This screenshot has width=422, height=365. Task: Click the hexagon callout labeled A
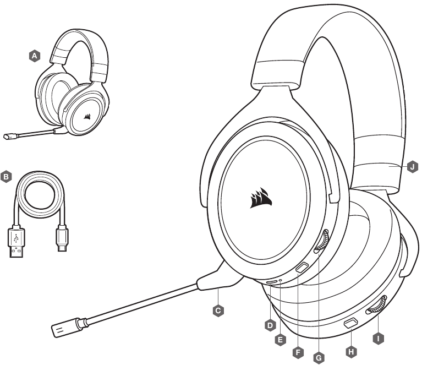(35, 56)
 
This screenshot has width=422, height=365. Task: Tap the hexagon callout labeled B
(6, 177)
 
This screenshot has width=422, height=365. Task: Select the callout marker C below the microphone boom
(218, 310)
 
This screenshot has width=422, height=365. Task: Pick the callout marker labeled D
(270, 325)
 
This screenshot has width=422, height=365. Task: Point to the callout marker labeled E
(281, 340)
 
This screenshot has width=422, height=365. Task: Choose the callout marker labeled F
(298, 352)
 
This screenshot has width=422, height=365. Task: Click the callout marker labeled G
(319, 358)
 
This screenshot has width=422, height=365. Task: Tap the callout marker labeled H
(351, 352)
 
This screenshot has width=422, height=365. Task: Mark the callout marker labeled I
(379, 339)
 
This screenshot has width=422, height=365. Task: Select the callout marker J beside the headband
(413, 167)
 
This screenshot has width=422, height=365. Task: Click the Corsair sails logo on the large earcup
(261, 198)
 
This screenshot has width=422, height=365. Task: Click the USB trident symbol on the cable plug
(16, 238)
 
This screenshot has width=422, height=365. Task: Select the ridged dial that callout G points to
(322, 241)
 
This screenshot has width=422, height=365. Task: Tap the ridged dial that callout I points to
(376, 305)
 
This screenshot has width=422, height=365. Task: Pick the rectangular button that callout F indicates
(302, 268)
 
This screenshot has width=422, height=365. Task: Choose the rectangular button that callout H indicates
(350, 323)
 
